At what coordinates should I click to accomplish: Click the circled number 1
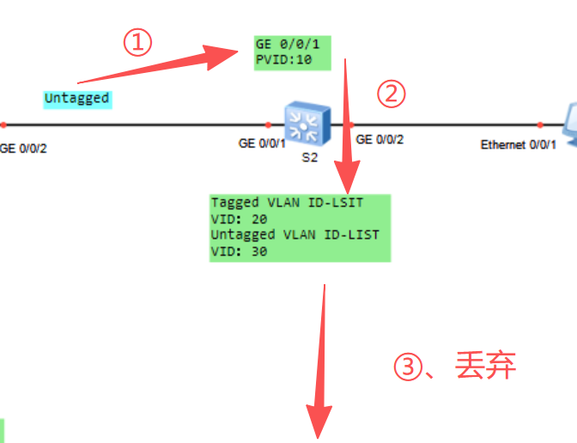click(x=137, y=42)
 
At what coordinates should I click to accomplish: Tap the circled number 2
click(x=392, y=94)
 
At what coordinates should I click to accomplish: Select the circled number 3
click(x=408, y=367)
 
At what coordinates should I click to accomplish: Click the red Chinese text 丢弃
click(x=485, y=366)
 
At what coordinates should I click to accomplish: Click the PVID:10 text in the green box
click(x=283, y=59)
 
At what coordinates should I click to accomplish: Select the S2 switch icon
click(x=307, y=124)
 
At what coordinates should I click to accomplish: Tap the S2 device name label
click(x=309, y=157)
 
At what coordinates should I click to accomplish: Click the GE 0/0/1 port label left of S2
click(x=262, y=143)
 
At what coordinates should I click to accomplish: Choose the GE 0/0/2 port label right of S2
click(x=380, y=139)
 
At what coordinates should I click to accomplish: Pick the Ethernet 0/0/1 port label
click(x=518, y=144)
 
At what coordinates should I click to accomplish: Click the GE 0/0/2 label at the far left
click(x=23, y=149)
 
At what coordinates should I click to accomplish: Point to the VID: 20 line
click(x=240, y=219)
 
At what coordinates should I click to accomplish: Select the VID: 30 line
click(x=240, y=252)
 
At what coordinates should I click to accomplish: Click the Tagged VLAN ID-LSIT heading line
click(x=287, y=203)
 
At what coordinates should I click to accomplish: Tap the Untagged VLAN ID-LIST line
click(x=295, y=235)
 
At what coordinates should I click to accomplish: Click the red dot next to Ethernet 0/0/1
click(x=540, y=125)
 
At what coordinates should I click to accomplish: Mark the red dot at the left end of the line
click(x=3, y=125)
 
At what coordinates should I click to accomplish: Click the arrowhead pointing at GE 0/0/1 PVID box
click(x=221, y=57)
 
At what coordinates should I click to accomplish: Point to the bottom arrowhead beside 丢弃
click(x=319, y=422)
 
